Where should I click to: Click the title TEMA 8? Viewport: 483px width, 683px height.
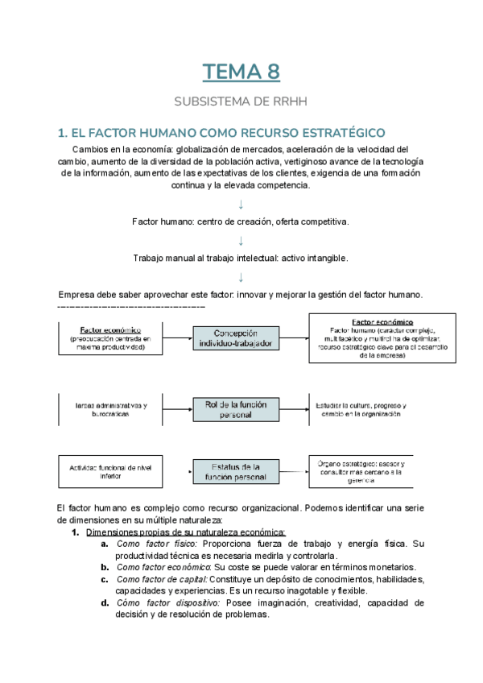tap(241, 72)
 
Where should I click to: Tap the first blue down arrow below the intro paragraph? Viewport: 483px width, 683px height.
tap(241, 204)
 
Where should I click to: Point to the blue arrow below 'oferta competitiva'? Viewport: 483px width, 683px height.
tap(241, 241)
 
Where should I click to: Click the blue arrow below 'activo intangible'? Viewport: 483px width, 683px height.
tap(241, 277)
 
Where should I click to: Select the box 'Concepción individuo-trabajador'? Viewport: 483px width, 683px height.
tap(236, 337)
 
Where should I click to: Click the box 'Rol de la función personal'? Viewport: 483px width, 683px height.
tap(236, 408)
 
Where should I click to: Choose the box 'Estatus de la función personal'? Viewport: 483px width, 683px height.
tap(235, 472)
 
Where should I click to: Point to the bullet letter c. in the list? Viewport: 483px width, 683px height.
tap(105, 579)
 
